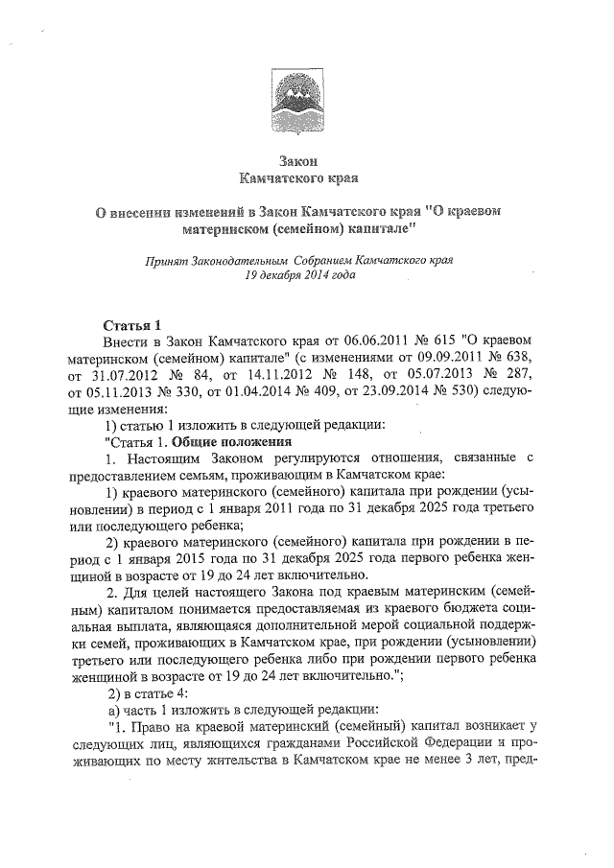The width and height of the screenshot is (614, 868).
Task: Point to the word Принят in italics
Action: point(166,259)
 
